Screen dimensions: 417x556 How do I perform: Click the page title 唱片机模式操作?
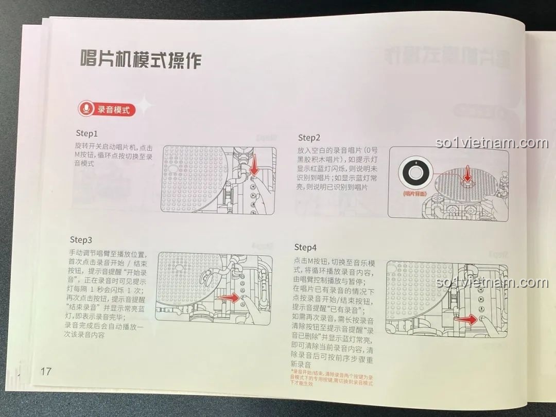(x=141, y=60)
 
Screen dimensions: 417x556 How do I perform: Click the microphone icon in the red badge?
(x=86, y=110)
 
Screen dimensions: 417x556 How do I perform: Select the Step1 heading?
(x=86, y=133)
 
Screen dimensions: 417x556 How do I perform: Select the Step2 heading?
(x=309, y=137)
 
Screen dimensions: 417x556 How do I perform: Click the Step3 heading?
(x=81, y=240)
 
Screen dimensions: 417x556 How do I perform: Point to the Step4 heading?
(x=305, y=247)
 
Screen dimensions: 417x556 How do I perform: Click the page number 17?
(x=46, y=371)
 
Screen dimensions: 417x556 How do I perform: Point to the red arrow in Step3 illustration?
(x=234, y=298)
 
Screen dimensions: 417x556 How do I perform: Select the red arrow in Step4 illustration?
(x=465, y=320)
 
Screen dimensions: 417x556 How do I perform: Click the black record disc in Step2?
(x=415, y=173)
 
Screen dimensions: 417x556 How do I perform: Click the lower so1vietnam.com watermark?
(x=491, y=283)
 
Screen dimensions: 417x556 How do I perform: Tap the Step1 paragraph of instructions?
(x=114, y=154)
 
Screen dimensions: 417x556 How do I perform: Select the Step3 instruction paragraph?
(x=109, y=293)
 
